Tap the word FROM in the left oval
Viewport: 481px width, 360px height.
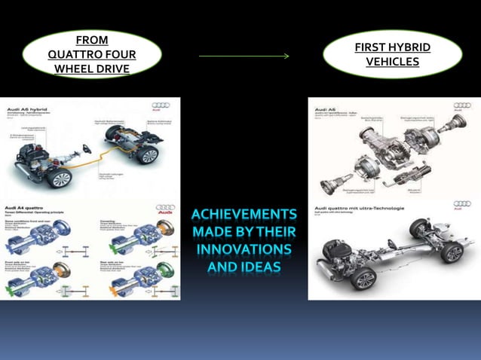point(92,40)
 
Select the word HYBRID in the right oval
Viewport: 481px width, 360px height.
point(410,47)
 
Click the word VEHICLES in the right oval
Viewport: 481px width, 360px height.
point(392,63)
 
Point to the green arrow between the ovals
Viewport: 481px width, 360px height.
point(244,56)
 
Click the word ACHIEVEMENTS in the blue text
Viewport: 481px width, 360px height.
point(244,215)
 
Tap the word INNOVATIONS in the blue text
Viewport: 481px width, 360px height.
point(244,249)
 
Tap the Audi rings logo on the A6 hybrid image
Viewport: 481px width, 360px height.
point(161,105)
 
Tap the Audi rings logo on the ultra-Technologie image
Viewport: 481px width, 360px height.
point(462,204)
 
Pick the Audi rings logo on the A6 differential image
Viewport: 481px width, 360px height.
point(461,105)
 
